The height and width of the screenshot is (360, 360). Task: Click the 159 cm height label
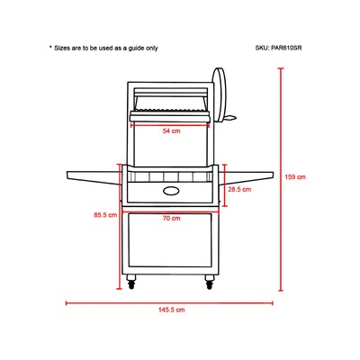click(295, 177)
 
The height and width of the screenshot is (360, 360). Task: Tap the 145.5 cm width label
click(172, 310)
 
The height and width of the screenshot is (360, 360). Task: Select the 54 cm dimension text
click(172, 130)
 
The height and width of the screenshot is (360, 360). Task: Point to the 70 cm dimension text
click(172, 218)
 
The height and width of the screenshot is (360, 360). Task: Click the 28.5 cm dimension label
click(239, 189)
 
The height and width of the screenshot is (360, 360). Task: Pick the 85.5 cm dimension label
click(105, 215)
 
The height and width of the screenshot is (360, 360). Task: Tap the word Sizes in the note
click(62, 48)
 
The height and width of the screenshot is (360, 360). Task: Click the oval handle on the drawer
click(172, 190)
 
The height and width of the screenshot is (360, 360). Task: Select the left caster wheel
click(131, 283)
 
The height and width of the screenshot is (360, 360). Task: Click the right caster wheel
click(210, 283)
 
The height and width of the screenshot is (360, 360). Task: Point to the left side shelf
click(94, 177)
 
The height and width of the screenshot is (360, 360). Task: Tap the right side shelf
click(248, 177)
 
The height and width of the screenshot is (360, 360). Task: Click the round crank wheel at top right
click(220, 94)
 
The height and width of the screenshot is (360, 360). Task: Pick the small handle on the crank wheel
click(231, 118)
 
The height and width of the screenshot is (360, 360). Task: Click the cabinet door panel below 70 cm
click(170, 240)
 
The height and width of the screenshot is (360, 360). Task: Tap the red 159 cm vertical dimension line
click(281, 179)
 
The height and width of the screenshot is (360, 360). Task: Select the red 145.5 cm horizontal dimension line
click(169, 303)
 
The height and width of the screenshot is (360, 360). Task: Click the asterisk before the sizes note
click(50, 47)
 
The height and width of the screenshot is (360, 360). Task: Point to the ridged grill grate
click(172, 107)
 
